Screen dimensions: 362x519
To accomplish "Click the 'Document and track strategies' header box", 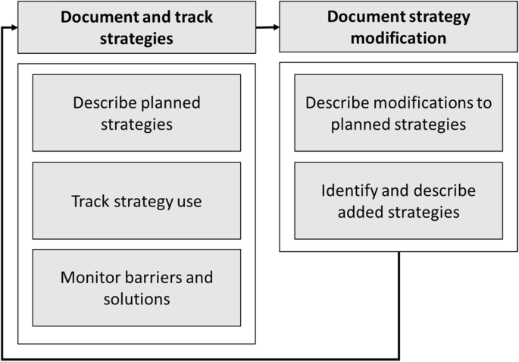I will [x=136, y=28].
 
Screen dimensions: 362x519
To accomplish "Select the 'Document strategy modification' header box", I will [x=398, y=28].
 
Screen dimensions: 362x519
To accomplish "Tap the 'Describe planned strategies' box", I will [x=136, y=112].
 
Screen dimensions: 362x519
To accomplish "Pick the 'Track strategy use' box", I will [x=136, y=201].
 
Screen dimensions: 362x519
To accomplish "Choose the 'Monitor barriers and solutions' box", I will [x=136, y=288].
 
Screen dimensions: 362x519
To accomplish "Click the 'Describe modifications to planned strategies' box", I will [x=398, y=112].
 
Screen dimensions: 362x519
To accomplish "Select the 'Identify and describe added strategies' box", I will [x=398, y=201].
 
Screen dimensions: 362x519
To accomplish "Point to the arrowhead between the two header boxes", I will [x=275, y=28].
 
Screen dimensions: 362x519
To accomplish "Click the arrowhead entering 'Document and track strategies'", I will [x=13, y=28].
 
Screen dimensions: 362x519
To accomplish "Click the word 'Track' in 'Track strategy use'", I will [x=89, y=201].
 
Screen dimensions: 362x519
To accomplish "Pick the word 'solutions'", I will [x=136, y=298].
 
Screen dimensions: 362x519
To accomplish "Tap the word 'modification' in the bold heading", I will [x=398, y=38].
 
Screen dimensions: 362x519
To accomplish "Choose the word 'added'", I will [x=360, y=212].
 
